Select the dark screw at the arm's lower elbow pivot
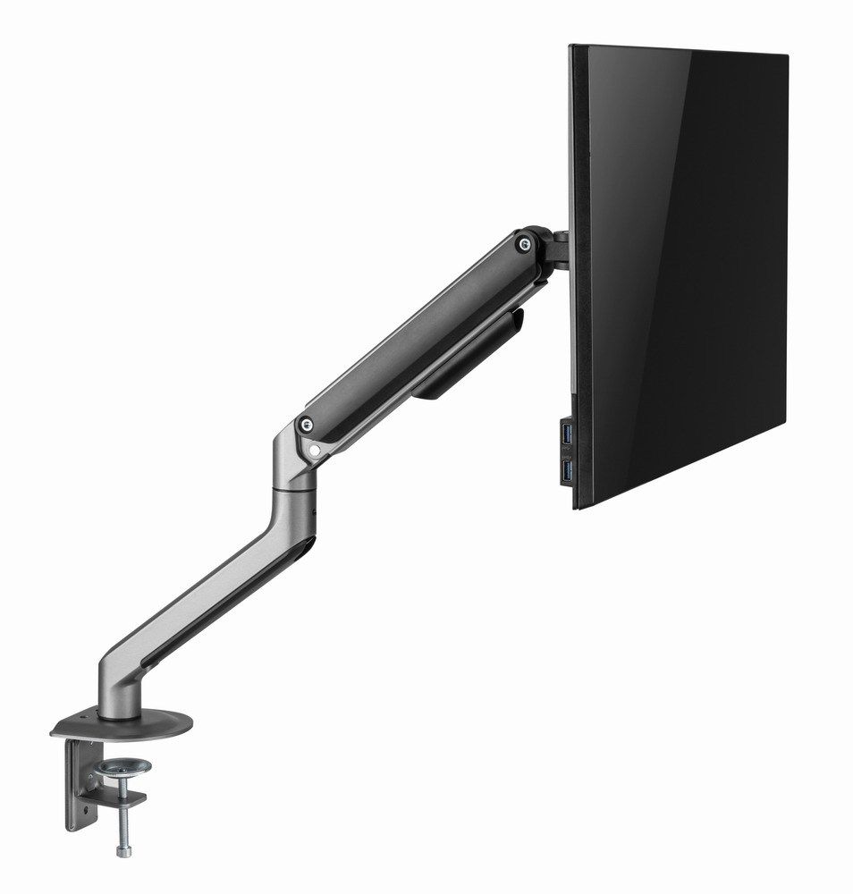[308, 425]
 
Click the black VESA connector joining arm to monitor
[556, 249]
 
